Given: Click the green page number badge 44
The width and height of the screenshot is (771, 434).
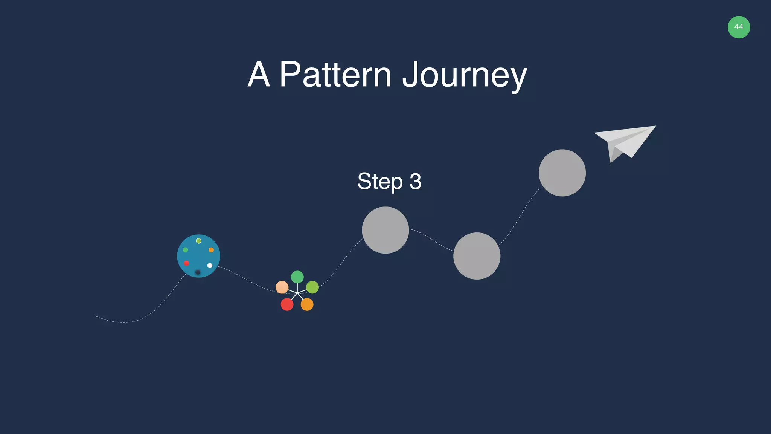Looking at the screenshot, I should click(x=739, y=27).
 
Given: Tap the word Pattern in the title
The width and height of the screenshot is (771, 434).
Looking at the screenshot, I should click(x=335, y=75).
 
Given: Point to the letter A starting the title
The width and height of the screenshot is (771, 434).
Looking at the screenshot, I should click(x=259, y=75).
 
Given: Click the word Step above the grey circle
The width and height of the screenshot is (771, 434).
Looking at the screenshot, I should click(x=380, y=182).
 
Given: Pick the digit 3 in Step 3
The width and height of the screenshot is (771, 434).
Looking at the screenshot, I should click(x=415, y=182).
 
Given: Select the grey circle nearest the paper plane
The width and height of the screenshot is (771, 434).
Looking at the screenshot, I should click(x=562, y=173).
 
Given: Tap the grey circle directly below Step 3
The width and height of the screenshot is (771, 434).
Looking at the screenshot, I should click(x=385, y=230).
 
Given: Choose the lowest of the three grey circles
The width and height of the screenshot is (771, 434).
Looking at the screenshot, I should click(x=477, y=256).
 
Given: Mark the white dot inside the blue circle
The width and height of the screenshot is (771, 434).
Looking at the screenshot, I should click(x=210, y=266).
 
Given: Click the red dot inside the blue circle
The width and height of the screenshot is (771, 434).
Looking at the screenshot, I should click(x=186, y=263).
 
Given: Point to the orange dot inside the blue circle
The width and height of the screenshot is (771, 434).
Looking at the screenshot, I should click(x=211, y=250).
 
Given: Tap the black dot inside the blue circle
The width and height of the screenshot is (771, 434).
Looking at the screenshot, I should click(x=198, y=272).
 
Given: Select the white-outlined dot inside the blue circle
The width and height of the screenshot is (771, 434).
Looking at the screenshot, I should click(x=199, y=241).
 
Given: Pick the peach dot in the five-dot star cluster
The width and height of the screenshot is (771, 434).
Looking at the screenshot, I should click(x=282, y=287).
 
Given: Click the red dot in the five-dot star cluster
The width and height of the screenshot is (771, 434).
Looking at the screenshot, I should click(x=287, y=304).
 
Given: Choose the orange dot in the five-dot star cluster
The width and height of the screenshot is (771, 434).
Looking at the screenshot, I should click(x=307, y=304).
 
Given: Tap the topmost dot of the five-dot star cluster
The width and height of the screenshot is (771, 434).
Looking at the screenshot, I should click(x=297, y=277).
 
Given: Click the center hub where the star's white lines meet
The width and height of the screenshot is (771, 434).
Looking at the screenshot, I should click(x=297, y=293).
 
